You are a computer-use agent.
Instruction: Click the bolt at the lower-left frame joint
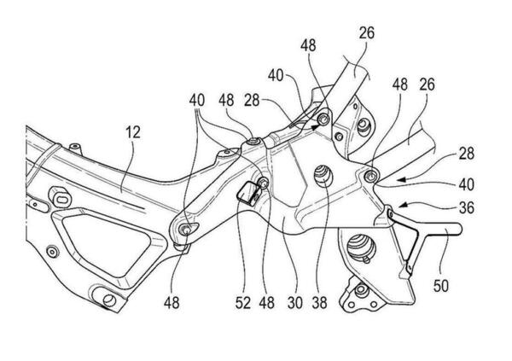click(188, 228)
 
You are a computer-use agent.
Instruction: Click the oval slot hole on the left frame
click(62, 198)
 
